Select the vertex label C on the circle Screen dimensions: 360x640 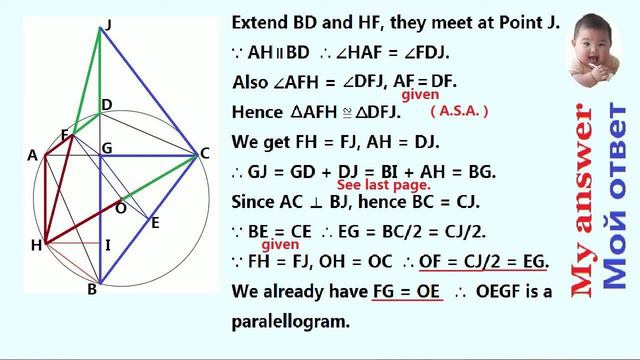(205, 153)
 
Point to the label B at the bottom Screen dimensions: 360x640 (92, 290)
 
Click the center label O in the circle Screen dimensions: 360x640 (121, 207)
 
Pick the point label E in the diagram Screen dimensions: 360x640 (155, 223)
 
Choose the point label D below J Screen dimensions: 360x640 (107, 104)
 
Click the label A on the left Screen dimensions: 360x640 (33, 155)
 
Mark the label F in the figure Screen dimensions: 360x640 (64, 134)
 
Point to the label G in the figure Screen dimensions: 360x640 (107, 148)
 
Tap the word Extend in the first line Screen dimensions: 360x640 (260, 22)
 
